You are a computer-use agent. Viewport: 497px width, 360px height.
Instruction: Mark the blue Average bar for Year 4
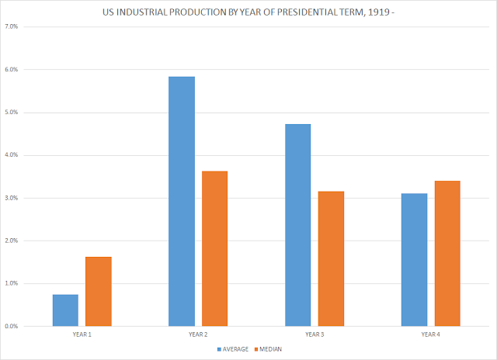[x=414, y=260]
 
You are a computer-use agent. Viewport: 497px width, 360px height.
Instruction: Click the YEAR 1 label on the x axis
[x=82, y=334]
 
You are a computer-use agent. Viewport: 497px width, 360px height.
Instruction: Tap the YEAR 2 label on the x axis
[x=198, y=334]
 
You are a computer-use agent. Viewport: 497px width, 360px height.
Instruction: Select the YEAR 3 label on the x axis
[x=315, y=334]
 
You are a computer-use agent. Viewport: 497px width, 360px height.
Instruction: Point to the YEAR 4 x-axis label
[x=431, y=334]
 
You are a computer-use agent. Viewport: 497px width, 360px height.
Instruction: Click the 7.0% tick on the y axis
[x=12, y=27]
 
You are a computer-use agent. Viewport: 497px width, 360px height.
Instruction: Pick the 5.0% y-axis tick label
[x=12, y=112]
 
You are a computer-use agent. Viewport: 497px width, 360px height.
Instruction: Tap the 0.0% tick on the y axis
[x=12, y=326]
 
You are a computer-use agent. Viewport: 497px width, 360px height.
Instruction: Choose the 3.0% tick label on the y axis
[x=12, y=198]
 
